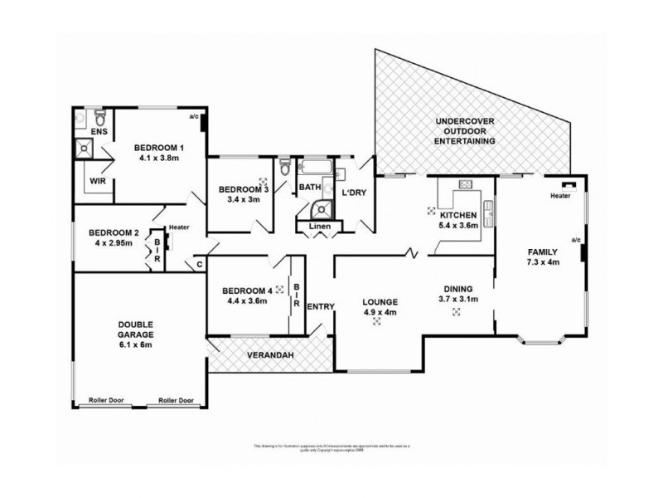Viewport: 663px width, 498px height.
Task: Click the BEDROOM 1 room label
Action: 159,148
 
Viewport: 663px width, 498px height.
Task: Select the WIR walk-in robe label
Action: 96,179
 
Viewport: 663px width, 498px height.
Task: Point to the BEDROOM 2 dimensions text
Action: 114,243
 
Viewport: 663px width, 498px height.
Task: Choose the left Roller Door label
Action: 106,400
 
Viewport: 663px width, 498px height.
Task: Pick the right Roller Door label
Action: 176,400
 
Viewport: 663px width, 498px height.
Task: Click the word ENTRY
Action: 320,307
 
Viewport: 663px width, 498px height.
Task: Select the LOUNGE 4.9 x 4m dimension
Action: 380,312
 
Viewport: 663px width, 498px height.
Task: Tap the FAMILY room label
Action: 542,251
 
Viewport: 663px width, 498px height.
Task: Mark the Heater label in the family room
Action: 560,196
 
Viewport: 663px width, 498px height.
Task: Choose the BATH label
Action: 310,188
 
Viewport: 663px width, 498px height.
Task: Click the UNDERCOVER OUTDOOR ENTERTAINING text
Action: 466,132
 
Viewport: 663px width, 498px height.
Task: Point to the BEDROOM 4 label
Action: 247,290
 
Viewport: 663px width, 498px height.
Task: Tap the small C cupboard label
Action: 200,266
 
